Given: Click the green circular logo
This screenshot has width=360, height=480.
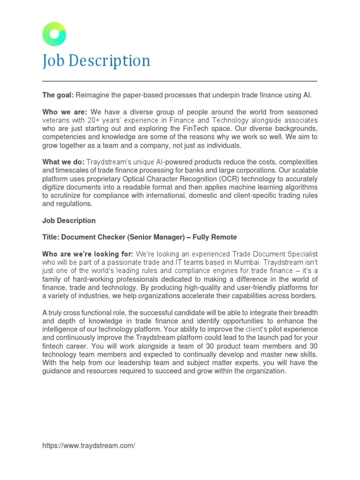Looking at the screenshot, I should point(54,34).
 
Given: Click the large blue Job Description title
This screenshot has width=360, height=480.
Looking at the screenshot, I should point(96,61).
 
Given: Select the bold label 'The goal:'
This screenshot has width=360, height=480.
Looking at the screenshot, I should point(58,95).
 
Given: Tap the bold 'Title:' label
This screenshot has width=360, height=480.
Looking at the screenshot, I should point(52,238).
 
